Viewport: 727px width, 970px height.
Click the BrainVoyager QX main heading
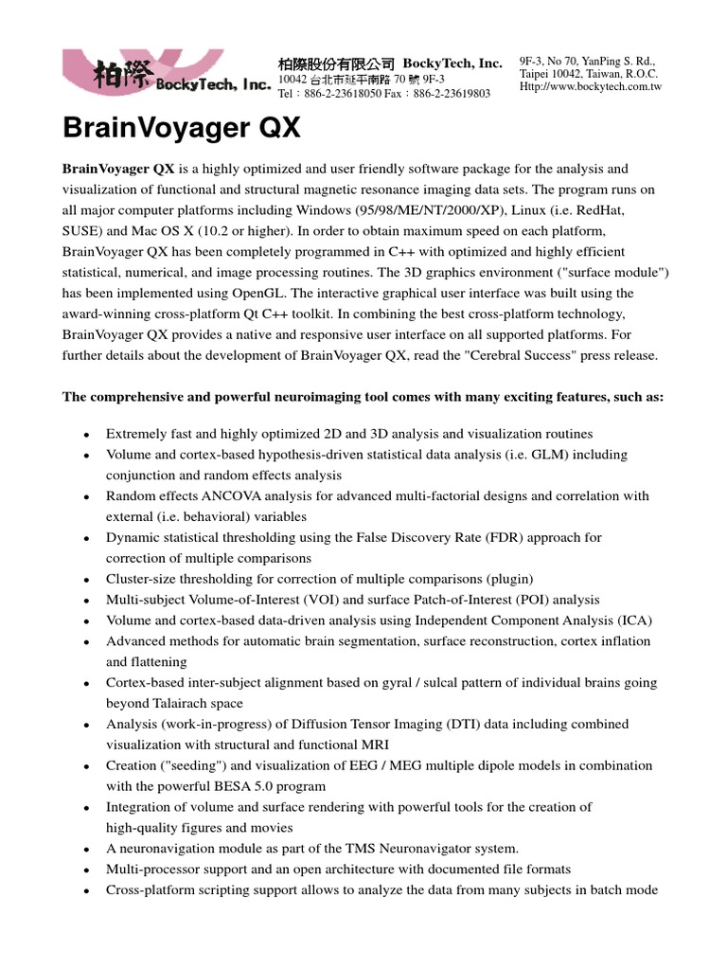point(182,128)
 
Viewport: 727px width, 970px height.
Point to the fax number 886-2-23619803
point(452,94)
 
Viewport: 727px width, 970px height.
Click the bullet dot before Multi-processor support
point(86,870)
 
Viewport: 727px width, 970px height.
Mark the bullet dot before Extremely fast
point(86,434)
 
